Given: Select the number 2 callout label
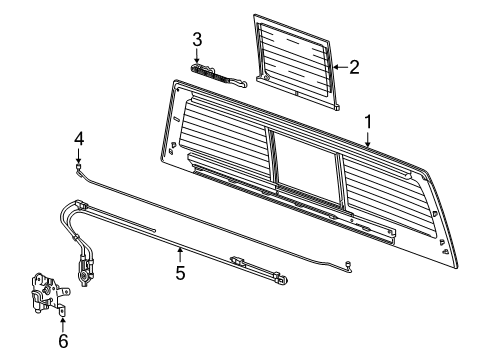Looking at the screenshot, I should point(352,68).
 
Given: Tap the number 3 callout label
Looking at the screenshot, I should point(197,40).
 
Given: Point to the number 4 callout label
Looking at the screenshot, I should point(78,138).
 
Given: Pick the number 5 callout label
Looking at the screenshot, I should point(180,271).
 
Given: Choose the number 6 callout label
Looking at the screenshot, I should point(62,340).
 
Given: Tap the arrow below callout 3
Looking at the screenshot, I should point(198,58).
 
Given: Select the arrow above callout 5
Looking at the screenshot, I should point(180,253).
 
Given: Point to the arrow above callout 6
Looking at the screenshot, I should point(62,322).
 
